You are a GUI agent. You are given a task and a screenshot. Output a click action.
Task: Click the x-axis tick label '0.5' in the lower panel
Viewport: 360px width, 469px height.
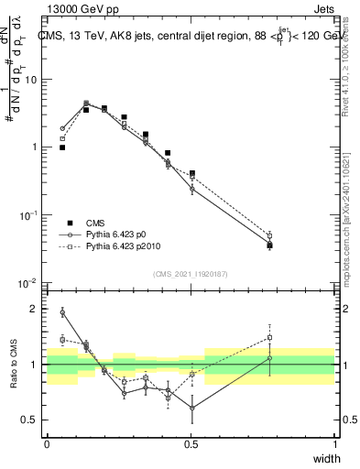pyautogui.click(x=191, y=444)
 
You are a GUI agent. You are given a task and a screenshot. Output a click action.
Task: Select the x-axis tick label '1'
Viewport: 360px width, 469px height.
pyautogui.click(x=335, y=444)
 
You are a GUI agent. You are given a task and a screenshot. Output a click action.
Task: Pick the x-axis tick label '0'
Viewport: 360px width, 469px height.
pyautogui.click(x=47, y=444)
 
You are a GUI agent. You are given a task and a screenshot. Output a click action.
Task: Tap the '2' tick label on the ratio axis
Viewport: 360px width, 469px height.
pyautogui.click(x=35, y=309)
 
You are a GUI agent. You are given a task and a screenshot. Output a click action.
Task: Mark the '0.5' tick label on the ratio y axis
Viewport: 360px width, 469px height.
pyautogui.click(x=31, y=420)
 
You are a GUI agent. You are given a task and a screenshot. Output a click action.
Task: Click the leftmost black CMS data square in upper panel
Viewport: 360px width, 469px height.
pyautogui.click(x=62, y=147)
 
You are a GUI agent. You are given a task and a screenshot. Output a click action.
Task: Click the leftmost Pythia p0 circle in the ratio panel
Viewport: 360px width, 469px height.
pyautogui.click(x=62, y=312)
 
